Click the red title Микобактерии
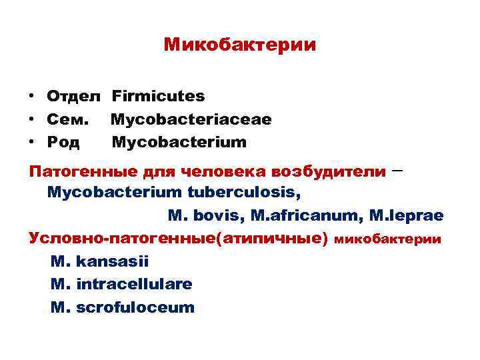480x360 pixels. pos(240,45)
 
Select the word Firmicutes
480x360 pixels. pos(158,97)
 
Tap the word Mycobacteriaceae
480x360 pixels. pos(191,120)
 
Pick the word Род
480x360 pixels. pos(63,143)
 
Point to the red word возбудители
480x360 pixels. pos(328,171)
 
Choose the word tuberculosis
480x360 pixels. pos(244,193)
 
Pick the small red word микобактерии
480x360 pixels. pos(387,239)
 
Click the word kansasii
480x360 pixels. pos(113,261)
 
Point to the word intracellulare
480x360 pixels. pos(135,284)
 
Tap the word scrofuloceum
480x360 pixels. pos(136,307)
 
